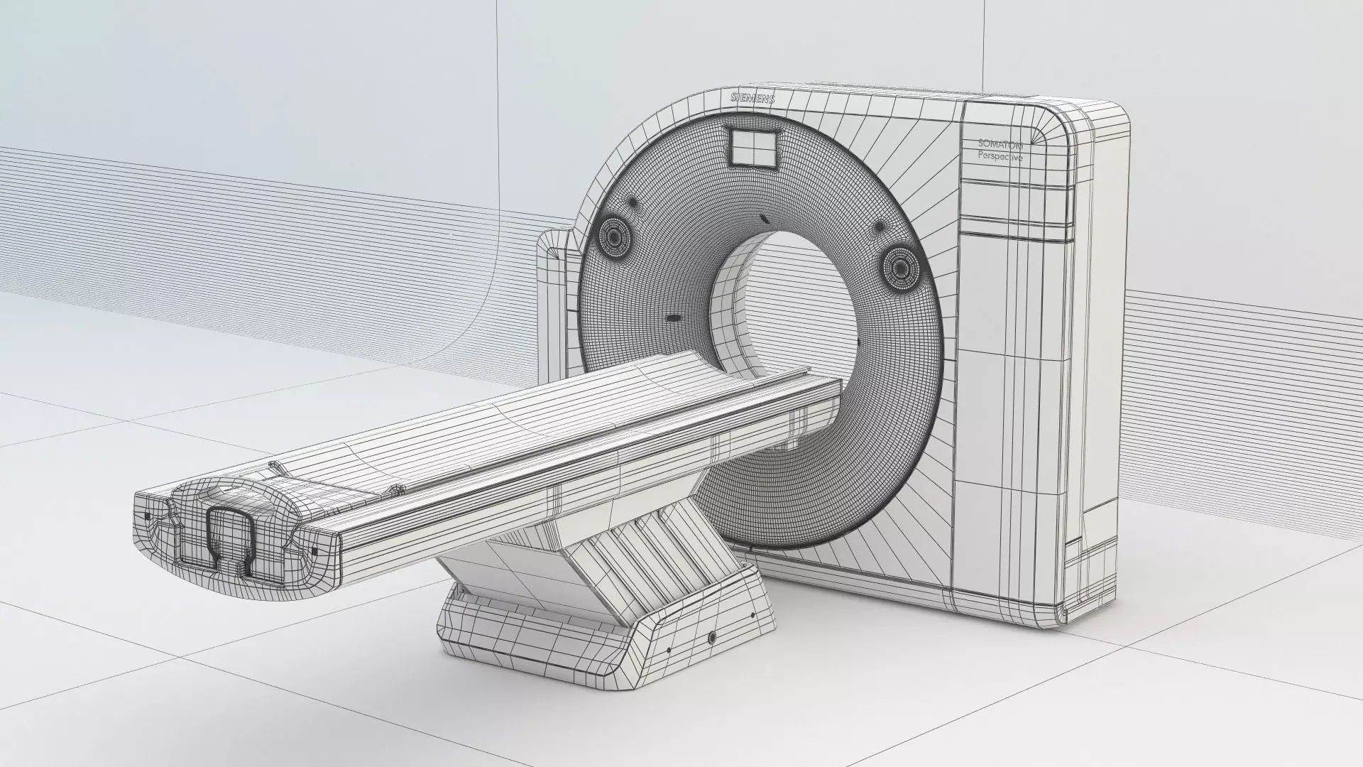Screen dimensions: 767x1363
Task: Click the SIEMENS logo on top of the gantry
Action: [752, 98]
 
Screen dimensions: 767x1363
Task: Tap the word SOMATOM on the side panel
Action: [1000, 145]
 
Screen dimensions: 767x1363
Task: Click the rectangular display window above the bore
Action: [752, 147]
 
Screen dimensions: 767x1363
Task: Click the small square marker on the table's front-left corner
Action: [148, 515]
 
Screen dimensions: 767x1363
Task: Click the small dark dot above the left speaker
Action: [606, 215]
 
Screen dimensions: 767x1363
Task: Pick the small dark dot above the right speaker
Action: [879, 227]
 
